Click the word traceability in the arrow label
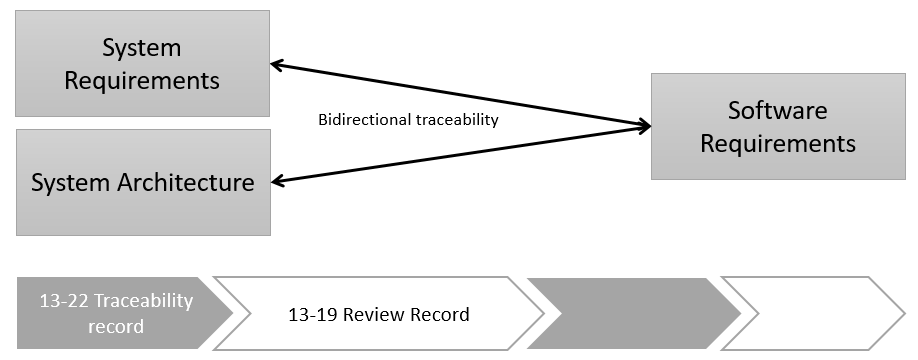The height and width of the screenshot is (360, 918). [457, 120]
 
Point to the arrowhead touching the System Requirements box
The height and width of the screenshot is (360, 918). [279, 66]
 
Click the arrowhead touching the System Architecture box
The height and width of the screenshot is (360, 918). [279, 181]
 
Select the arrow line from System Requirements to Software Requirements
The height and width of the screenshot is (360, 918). [460, 96]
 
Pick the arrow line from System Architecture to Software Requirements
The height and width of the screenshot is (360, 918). [460, 153]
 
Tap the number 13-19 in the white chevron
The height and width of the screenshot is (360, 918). [307, 315]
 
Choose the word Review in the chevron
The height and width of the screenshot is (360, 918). [376, 315]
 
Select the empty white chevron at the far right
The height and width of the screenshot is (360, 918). [810, 313]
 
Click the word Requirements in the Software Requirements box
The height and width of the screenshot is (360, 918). [777, 143]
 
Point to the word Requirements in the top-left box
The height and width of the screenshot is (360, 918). [142, 80]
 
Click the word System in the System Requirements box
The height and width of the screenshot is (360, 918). [142, 48]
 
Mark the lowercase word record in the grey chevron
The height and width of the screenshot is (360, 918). [116, 327]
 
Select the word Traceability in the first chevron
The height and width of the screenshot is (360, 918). [145, 301]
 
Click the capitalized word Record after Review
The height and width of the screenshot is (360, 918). [440, 315]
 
